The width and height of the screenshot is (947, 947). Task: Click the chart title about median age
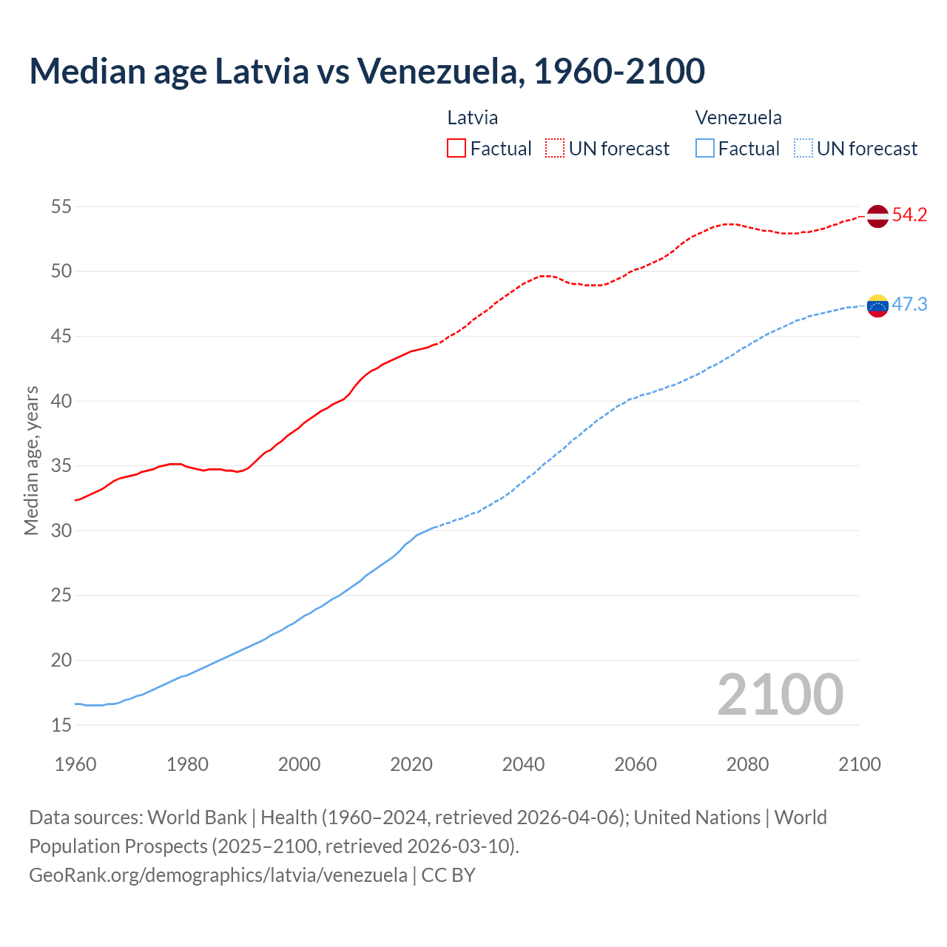pyautogui.click(x=367, y=71)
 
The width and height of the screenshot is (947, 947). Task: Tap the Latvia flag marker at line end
pyautogui.click(x=877, y=216)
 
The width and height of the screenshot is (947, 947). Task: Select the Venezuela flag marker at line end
pyautogui.click(x=877, y=305)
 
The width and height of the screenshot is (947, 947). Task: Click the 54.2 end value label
pyautogui.click(x=909, y=215)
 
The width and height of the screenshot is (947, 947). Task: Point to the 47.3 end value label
pyautogui.click(x=909, y=304)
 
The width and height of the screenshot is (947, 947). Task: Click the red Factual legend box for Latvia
pyautogui.click(x=456, y=148)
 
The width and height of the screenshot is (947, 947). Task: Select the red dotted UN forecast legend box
pyautogui.click(x=555, y=148)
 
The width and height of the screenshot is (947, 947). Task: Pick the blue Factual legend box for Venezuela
pyautogui.click(x=705, y=148)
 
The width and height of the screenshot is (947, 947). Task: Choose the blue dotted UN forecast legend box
pyautogui.click(x=803, y=148)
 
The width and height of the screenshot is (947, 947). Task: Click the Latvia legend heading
pyautogui.click(x=473, y=118)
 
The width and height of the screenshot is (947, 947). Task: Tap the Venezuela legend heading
pyautogui.click(x=738, y=118)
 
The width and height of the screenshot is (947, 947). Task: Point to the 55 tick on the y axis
pyautogui.click(x=61, y=206)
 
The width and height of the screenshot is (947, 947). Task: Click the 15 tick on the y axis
pyautogui.click(x=61, y=725)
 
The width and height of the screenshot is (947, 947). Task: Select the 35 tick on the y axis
pyautogui.click(x=61, y=466)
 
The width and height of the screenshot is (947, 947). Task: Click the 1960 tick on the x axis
pyautogui.click(x=75, y=764)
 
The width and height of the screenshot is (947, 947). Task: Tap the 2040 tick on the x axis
pyautogui.click(x=523, y=764)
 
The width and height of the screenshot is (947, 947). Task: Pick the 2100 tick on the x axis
pyautogui.click(x=859, y=764)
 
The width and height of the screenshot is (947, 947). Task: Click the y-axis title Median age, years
pyautogui.click(x=31, y=460)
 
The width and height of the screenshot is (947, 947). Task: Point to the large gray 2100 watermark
pyautogui.click(x=780, y=694)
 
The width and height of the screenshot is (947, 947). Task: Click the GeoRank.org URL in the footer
pyautogui.click(x=218, y=875)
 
